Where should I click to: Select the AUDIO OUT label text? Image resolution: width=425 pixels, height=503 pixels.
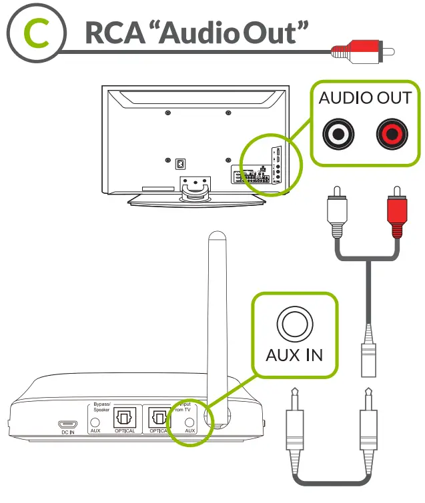coord(364,99)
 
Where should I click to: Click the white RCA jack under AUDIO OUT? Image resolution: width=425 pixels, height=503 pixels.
coord(339,134)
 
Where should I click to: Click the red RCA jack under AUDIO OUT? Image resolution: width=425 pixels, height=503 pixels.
coord(390,134)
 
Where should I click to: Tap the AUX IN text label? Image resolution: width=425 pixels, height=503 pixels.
coord(294,354)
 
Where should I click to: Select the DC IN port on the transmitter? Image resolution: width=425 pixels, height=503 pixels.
coord(67,424)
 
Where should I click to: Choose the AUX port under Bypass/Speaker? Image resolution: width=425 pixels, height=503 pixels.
coord(96,422)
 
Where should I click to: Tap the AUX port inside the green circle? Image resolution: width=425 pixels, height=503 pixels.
coord(189,422)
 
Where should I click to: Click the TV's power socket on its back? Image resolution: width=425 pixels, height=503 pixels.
coord(179,163)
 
